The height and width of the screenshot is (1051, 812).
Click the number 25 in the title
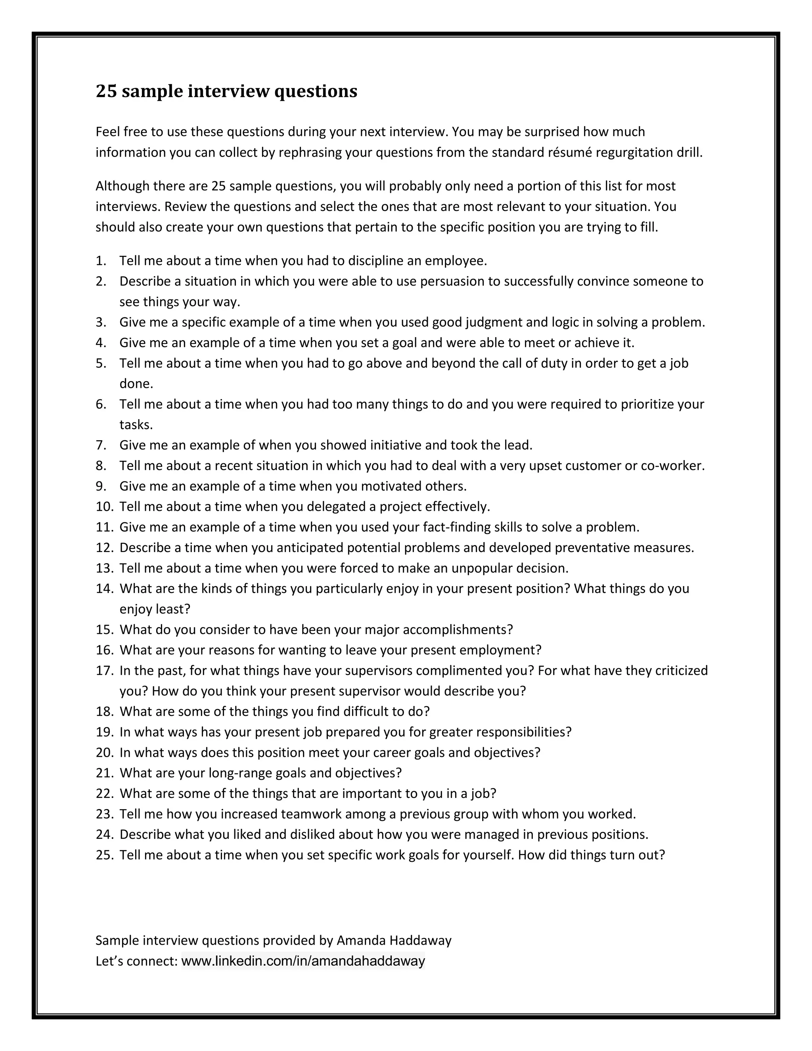[106, 91]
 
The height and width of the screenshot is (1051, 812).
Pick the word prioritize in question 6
[647, 404]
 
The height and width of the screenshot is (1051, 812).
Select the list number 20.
[103, 753]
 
